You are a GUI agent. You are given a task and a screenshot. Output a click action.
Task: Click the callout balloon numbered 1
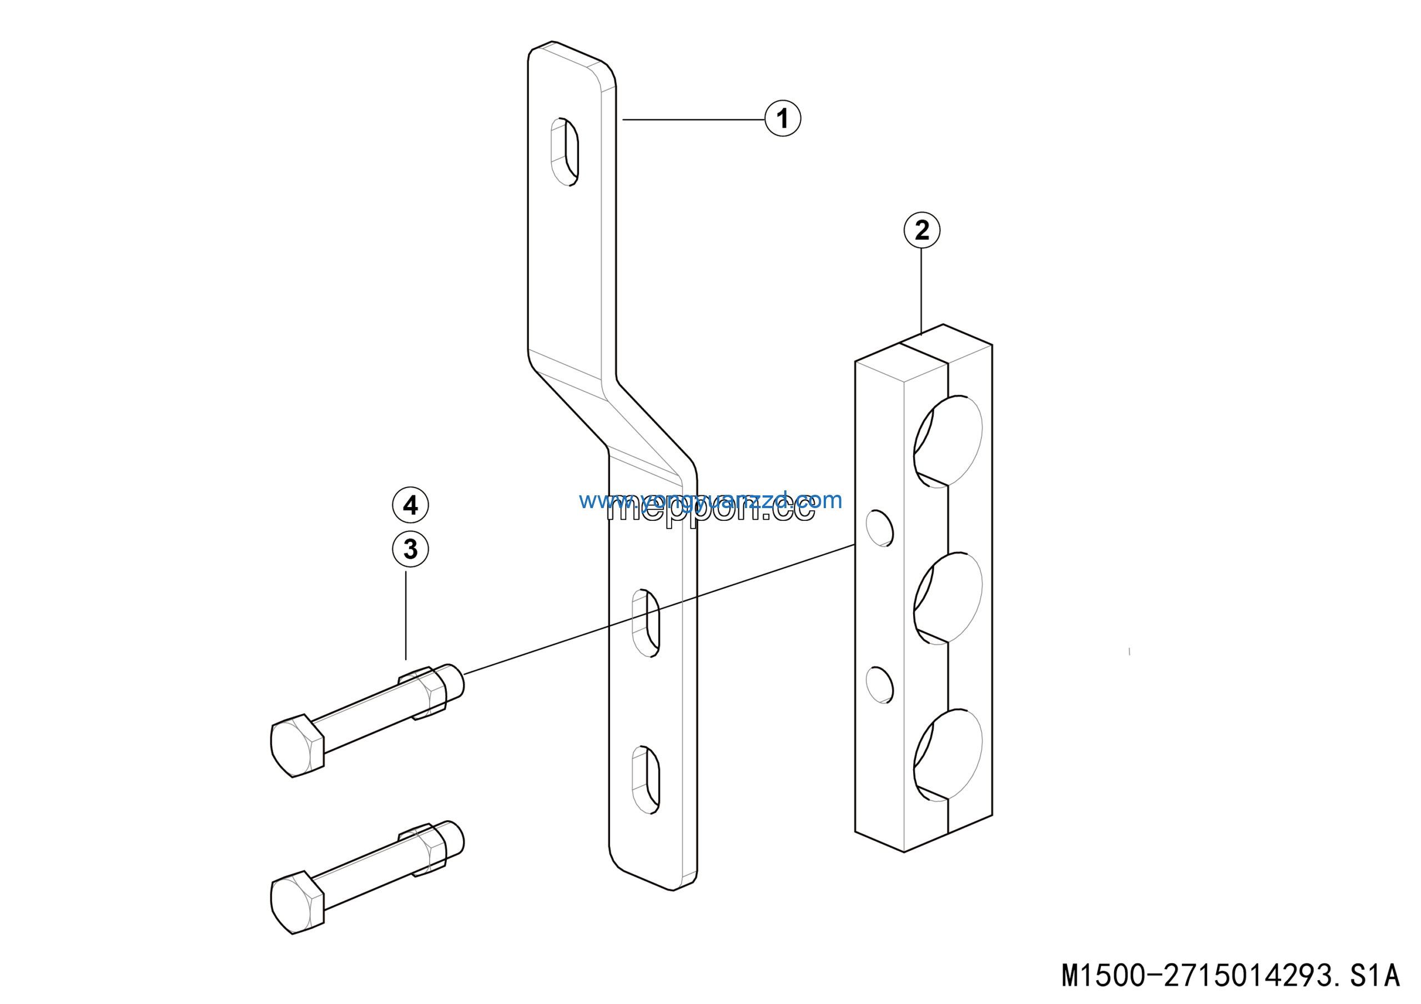(782, 118)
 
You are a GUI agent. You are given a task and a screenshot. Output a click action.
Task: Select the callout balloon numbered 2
(921, 230)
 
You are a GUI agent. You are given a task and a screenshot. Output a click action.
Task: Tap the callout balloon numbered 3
(410, 549)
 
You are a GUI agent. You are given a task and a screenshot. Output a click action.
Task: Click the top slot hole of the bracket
(565, 152)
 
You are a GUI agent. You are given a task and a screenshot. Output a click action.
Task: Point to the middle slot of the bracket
(646, 623)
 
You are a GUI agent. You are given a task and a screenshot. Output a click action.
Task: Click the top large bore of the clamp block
(948, 441)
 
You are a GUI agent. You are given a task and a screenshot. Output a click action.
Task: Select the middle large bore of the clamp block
(948, 598)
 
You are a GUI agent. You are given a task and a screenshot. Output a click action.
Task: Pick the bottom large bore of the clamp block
(948, 755)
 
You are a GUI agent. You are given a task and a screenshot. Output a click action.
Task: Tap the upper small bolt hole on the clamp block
(879, 528)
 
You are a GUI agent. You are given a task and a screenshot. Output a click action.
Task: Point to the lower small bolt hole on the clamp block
(879, 685)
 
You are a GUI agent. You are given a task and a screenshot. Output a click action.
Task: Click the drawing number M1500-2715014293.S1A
(1231, 976)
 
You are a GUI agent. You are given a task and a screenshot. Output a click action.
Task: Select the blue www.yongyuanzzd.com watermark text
(710, 500)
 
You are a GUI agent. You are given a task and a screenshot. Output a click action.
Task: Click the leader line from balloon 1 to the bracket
(693, 119)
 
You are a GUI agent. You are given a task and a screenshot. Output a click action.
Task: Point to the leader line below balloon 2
(921, 291)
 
